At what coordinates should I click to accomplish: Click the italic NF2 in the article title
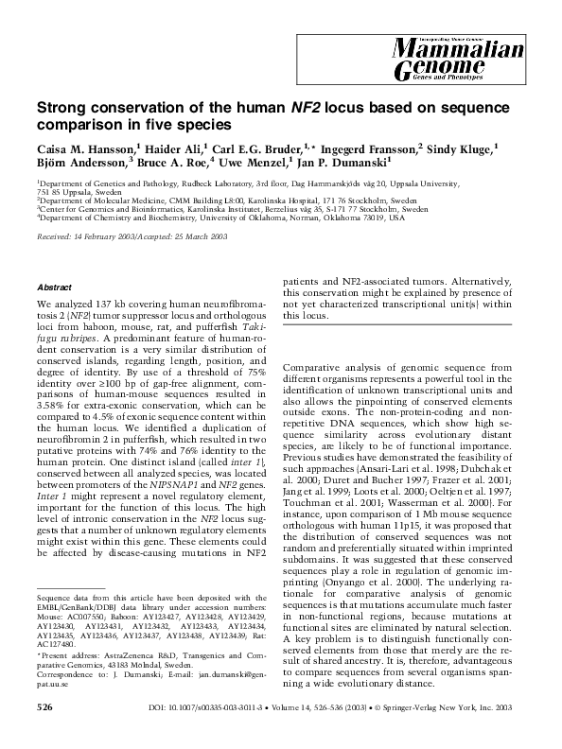click(x=304, y=107)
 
